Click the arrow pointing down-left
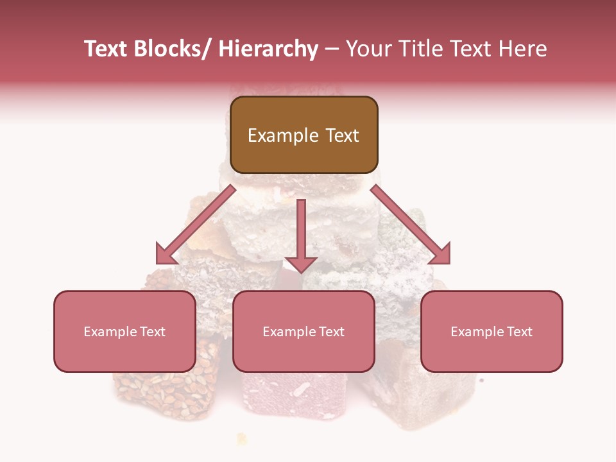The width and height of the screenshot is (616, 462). (196, 225)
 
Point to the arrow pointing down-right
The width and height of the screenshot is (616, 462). (411, 225)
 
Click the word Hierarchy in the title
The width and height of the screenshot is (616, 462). (268, 49)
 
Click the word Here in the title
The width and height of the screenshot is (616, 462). (521, 49)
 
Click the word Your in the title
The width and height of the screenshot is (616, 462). (367, 49)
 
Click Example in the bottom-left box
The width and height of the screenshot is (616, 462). (110, 332)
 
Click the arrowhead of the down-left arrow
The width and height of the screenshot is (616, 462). (166, 255)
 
